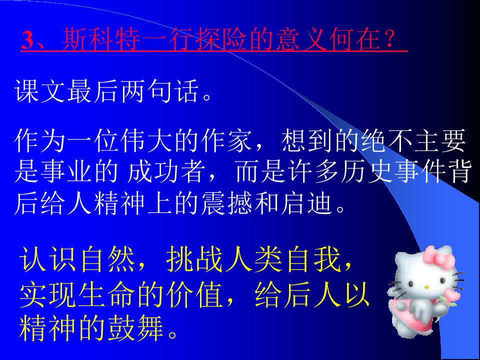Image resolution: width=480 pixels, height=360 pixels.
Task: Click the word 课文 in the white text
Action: click(41, 92)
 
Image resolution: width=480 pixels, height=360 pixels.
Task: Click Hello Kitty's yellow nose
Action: click(425, 286)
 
